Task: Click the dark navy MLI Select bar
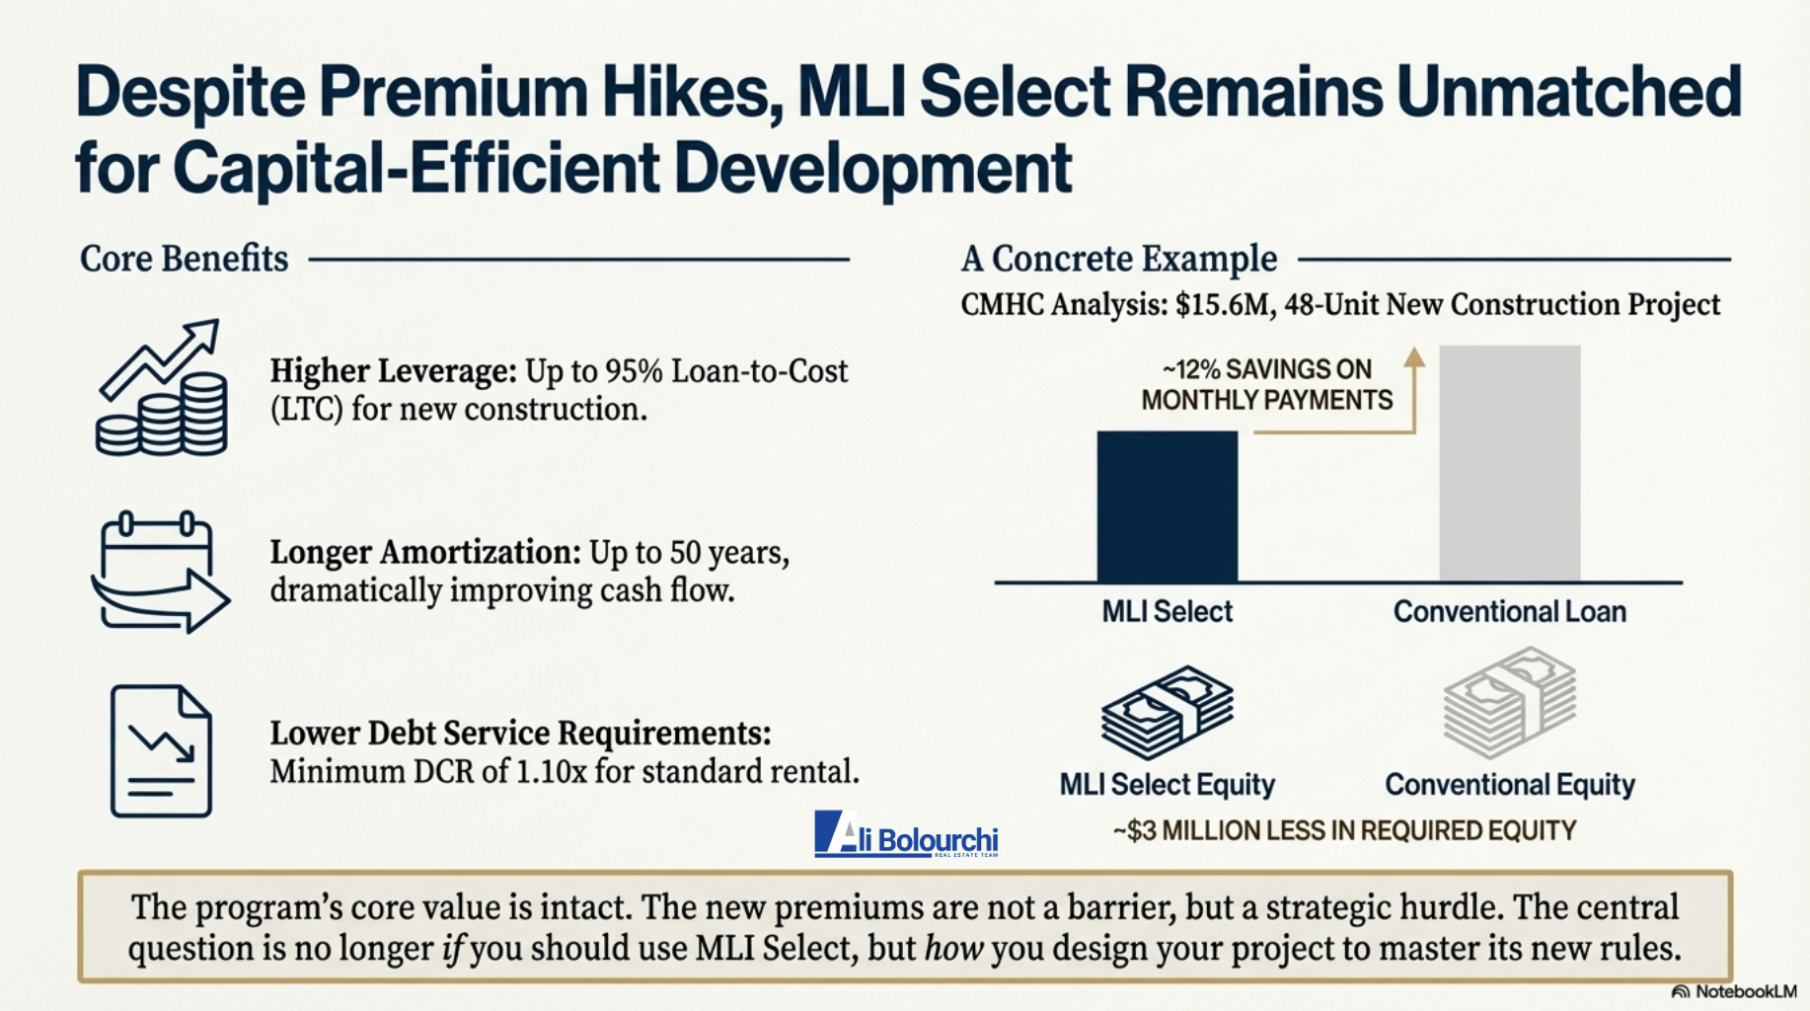click(1167, 506)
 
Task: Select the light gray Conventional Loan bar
click(1509, 463)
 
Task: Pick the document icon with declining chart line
click(161, 751)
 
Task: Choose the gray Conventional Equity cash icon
click(1509, 702)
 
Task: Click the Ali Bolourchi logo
click(906, 835)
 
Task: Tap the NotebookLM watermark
click(1734, 991)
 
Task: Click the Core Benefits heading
click(184, 259)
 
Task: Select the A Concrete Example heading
click(1119, 259)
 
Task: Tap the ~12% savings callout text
click(1267, 384)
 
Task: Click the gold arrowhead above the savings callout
click(1414, 356)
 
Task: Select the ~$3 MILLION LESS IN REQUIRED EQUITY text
click(1344, 830)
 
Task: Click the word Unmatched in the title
click(1569, 93)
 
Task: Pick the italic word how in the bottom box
click(953, 949)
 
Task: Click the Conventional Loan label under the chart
click(1509, 612)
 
